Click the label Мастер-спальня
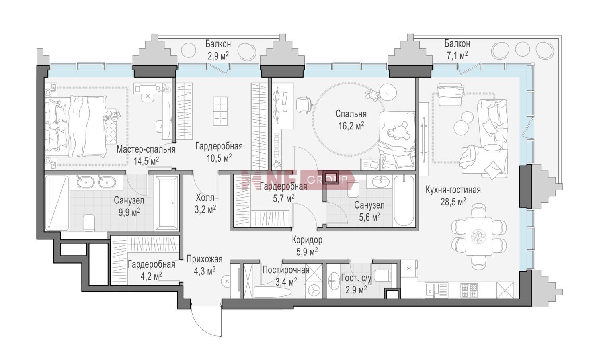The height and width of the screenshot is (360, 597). click(x=146, y=149)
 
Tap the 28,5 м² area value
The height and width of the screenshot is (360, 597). click(x=453, y=202)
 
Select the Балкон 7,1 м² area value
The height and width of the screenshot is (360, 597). click(x=457, y=56)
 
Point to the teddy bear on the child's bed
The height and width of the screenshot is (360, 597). click(x=398, y=131)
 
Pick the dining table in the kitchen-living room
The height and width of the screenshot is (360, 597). click(x=479, y=236)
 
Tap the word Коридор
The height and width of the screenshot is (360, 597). click(x=307, y=240)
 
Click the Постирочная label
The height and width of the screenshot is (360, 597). click(x=286, y=270)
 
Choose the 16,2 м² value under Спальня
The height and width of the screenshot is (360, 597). click(x=351, y=125)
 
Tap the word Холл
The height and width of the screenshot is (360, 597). click(x=205, y=198)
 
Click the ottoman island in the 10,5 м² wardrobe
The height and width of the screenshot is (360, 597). click(x=220, y=111)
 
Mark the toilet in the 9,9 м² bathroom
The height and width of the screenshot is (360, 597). click(x=89, y=223)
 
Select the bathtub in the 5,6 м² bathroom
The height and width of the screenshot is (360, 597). click(x=404, y=201)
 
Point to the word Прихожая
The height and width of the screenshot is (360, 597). click(x=205, y=259)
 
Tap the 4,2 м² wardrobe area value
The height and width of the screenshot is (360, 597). click(x=151, y=275)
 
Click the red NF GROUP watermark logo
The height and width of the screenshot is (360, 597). click(x=297, y=180)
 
